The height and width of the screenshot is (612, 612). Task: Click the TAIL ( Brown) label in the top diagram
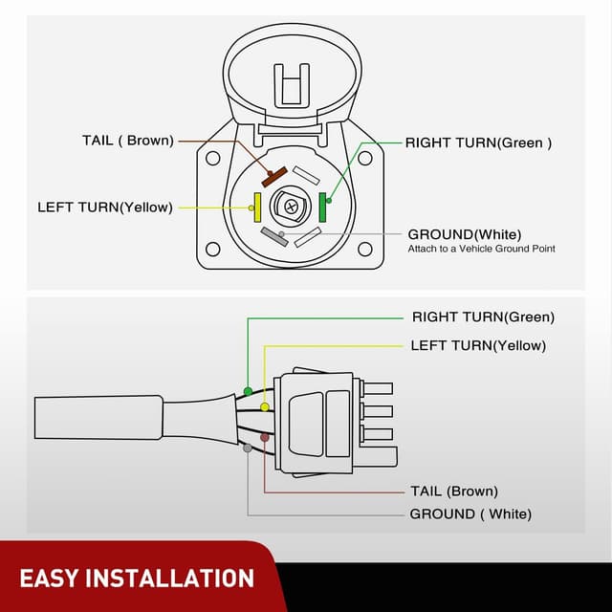point(127,141)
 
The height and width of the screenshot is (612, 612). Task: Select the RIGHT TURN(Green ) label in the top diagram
point(479,142)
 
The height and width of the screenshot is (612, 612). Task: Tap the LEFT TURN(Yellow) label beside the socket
point(105,207)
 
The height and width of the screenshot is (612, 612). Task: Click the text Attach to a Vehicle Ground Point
point(481,249)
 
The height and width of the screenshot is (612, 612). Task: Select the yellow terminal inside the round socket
point(256,205)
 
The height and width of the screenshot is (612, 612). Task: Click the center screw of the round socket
point(290,205)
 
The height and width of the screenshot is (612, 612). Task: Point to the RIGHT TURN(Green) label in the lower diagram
point(483,317)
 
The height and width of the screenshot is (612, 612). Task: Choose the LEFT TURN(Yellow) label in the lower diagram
point(478,345)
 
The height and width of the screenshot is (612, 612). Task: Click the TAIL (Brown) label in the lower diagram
point(453,491)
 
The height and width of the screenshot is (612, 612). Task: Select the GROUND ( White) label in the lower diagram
point(470,514)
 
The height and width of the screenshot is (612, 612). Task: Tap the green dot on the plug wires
point(248,391)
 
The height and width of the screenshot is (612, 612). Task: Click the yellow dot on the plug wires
point(265,406)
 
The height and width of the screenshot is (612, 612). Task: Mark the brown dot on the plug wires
point(265,436)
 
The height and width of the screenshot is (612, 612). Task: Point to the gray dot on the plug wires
point(248,448)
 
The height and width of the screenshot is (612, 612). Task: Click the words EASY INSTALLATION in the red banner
point(137,578)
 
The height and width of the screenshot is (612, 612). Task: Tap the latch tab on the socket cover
point(293,84)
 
